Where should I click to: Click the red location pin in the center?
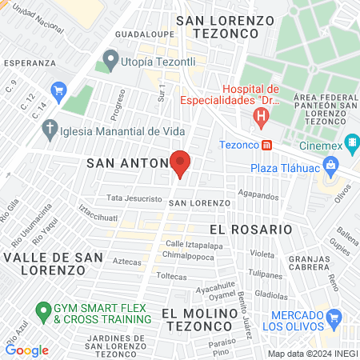pos(180,162)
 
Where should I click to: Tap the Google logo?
pos(26,350)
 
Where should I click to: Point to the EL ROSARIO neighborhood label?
pos(250,229)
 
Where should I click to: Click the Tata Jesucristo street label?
pos(134,198)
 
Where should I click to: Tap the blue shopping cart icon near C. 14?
pos(58,90)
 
